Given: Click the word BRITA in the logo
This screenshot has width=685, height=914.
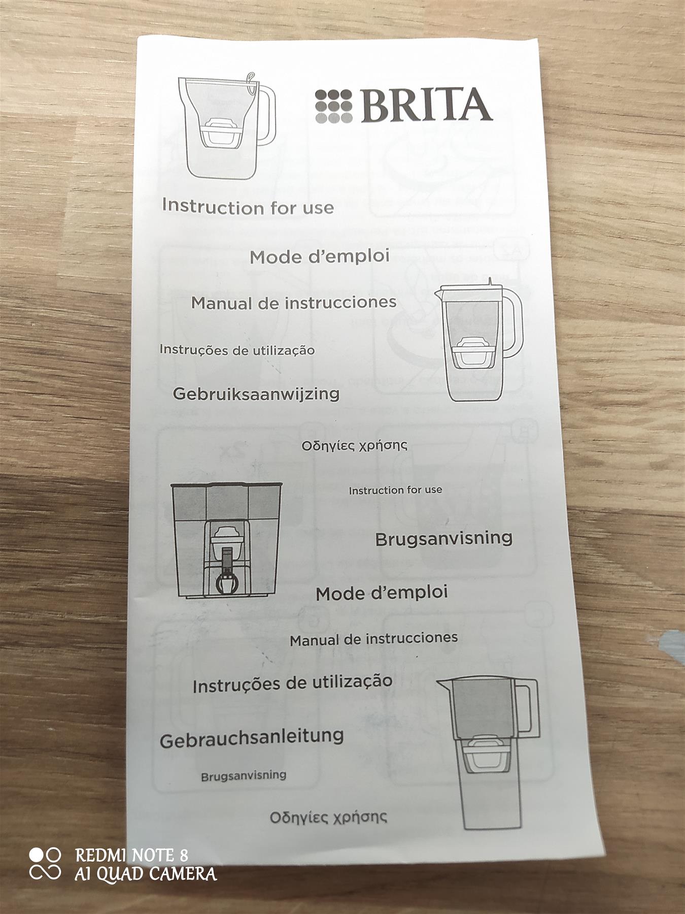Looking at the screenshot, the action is (426, 105).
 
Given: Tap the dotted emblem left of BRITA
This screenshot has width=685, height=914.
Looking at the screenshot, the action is (333, 106).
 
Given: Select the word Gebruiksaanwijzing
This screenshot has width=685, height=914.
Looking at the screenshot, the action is (256, 394).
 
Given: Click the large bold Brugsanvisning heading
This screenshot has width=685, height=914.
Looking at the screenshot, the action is (443, 538).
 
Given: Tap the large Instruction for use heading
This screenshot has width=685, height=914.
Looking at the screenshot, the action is (248, 207).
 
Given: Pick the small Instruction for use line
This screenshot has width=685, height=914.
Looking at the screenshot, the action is (395, 490).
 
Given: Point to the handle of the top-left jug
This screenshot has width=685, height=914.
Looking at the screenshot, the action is (266, 114).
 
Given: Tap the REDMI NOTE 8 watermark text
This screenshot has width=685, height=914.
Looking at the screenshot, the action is (132, 855).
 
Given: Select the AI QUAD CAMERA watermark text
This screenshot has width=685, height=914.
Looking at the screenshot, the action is (146, 874).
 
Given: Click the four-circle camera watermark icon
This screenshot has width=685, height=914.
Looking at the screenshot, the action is (45, 864).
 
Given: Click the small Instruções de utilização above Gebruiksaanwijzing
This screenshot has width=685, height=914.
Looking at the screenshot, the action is (237, 350).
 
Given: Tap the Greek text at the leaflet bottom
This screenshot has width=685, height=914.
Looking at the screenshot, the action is (328, 817).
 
